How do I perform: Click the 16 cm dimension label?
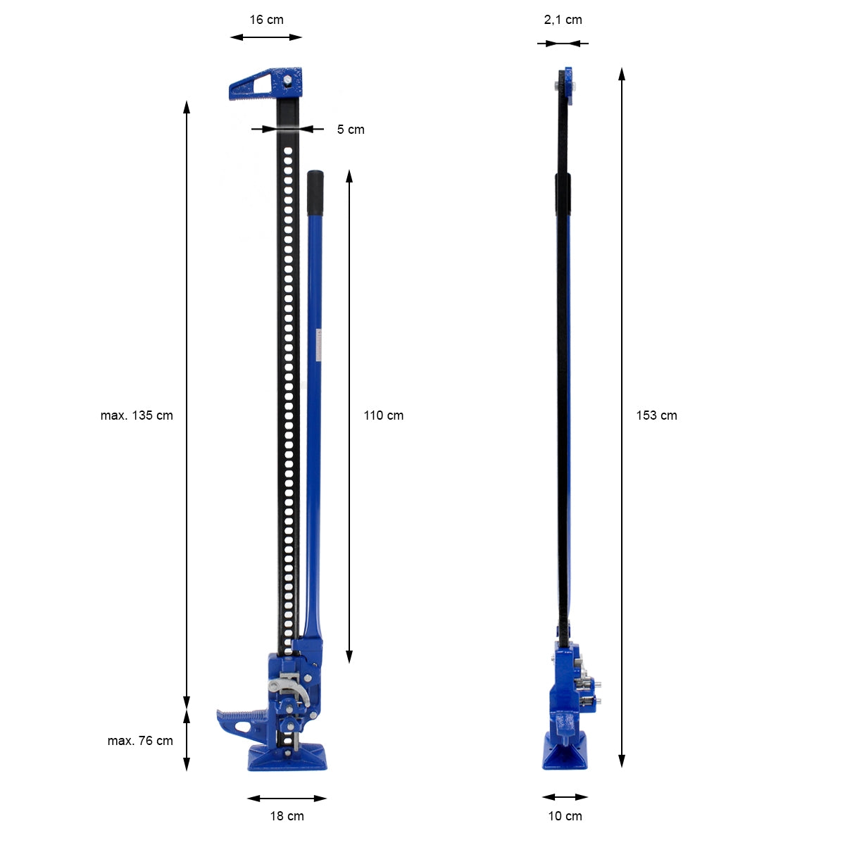pos(266,20)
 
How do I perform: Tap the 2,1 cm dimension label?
pos(563,20)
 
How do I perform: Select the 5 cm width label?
pos(351,130)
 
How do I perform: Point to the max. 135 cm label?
pos(137,415)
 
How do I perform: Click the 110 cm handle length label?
pos(383,415)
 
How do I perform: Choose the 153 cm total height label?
pos(656,415)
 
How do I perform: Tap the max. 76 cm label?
pos(140,741)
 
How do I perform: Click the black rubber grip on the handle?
pos(315,193)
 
